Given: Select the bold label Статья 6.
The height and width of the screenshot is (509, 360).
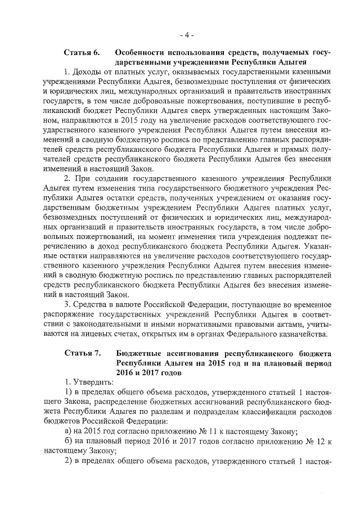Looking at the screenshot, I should click(x=82, y=52).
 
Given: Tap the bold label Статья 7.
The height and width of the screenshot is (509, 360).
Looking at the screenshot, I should click(x=82, y=353).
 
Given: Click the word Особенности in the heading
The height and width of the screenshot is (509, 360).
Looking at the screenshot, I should click(x=145, y=52).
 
